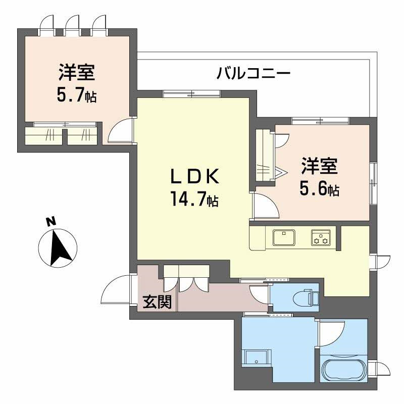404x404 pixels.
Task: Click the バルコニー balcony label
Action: tap(254, 74)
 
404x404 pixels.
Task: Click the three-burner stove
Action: tap(321, 237)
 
